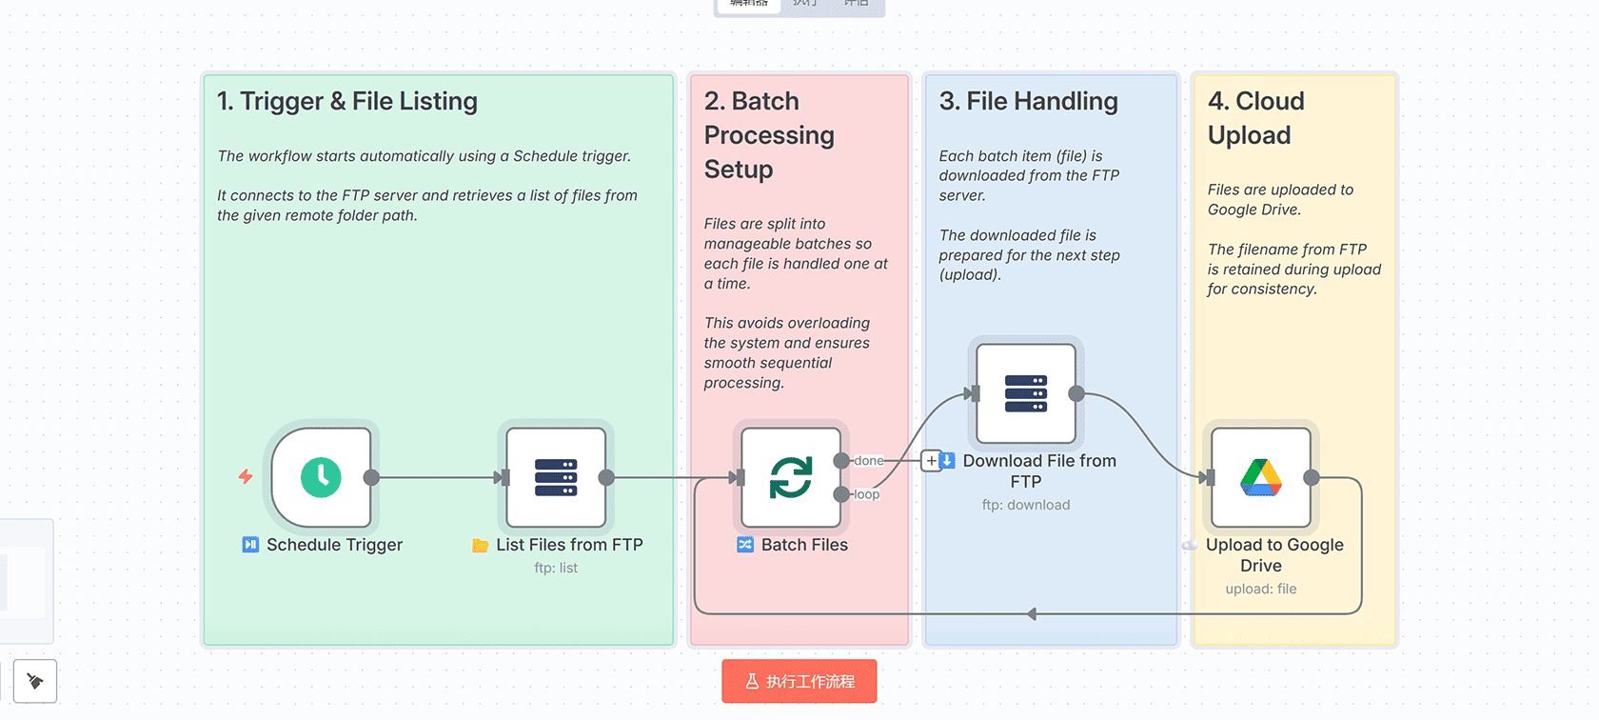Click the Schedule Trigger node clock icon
[321, 477]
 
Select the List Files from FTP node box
[556, 477]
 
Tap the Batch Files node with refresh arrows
[790, 477]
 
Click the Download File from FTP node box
[1025, 393]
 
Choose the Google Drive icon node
[1260, 477]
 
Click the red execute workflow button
[799, 681]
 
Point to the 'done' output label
[869, 461]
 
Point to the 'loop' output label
[867, 494]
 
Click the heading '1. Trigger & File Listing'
[347, 101]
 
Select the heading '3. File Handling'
[1028, 101]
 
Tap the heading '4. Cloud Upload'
[1255, 118]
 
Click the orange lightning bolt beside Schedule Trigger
[246, 476]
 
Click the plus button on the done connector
[931, 461]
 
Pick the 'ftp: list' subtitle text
[556, 568]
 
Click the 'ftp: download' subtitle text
[1026, 505]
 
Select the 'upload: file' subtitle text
[1260, 589]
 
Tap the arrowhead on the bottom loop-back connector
[1032, 614]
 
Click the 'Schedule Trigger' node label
[334, 545]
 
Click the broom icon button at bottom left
[35, 681]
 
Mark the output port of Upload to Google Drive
[1312, 477]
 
